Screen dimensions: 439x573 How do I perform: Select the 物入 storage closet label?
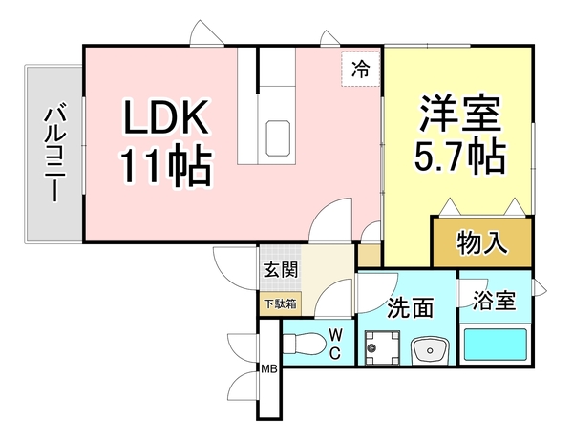(481, 243)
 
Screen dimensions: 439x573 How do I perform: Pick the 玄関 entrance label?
(281, 269)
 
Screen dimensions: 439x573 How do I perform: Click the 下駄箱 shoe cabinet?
(281, 304)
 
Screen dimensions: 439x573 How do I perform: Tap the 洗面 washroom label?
(412, 307)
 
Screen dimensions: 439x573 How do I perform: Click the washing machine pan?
(381, 347)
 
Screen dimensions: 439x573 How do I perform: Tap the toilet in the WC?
(303, 343)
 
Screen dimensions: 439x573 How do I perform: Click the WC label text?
(336, 342)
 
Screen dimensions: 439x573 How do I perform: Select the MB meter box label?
(269, 370)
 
